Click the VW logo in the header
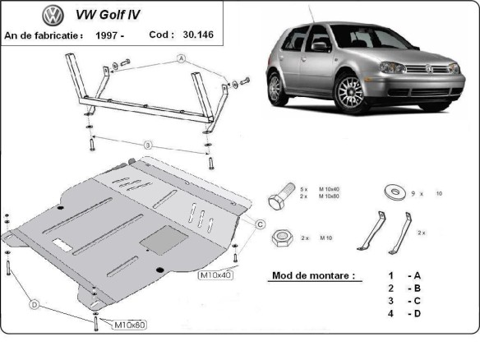coord(53,15)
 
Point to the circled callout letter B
coord(148,145)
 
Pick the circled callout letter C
coord(259,224)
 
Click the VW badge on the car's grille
coord(432,71)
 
